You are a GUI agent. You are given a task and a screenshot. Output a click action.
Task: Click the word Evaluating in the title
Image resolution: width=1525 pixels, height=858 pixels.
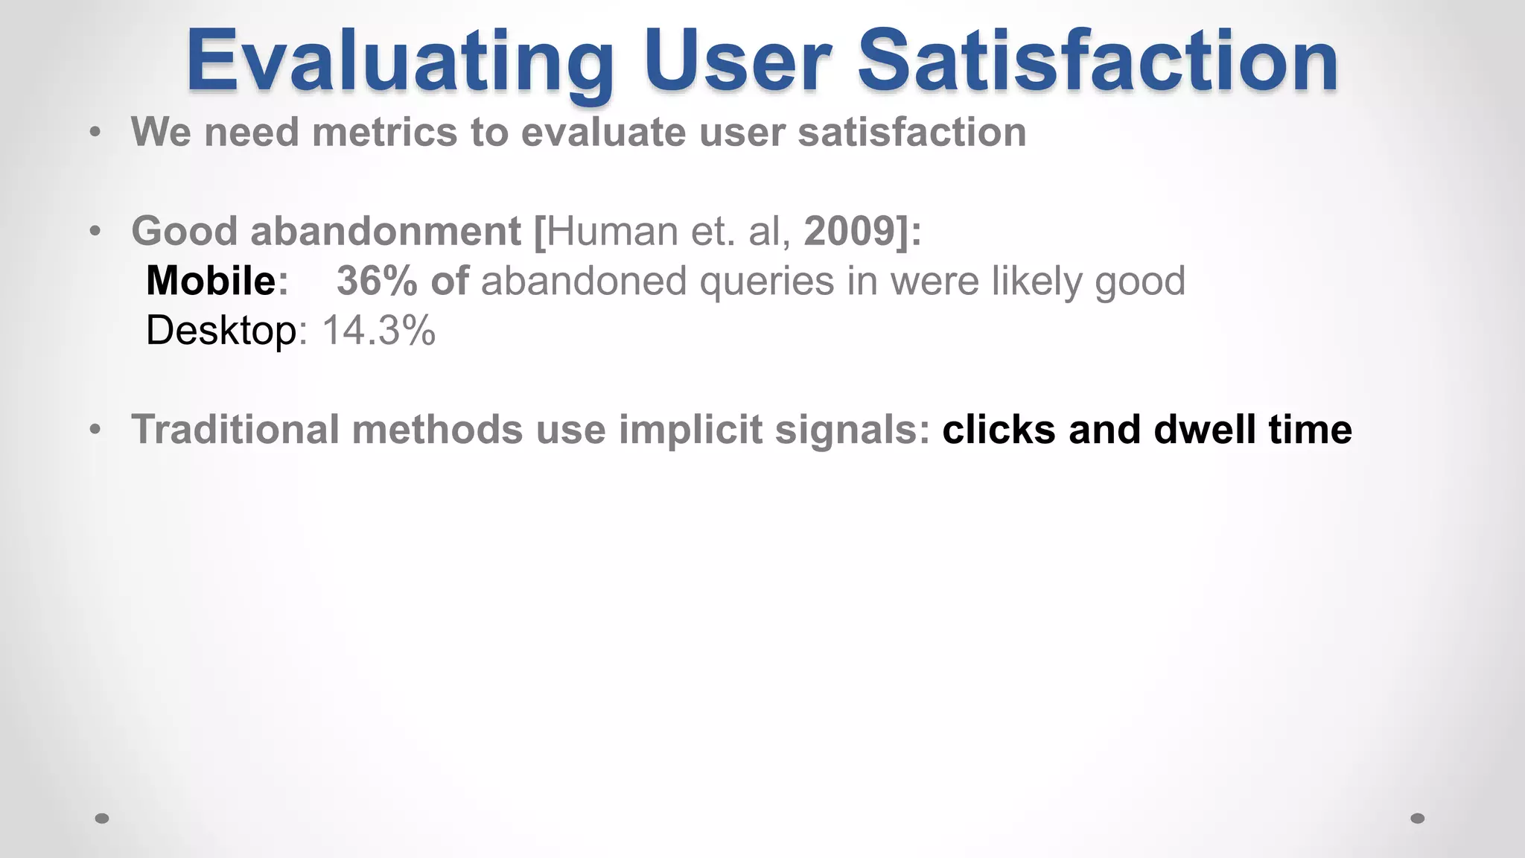coord(399,61)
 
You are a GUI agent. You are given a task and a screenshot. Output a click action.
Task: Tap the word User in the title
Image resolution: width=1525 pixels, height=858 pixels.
coord(737,61)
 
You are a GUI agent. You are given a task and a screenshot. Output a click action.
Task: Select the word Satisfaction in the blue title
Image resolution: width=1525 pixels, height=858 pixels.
coord(1098,61)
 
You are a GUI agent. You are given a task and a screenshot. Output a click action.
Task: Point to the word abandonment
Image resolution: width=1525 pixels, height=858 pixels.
coord(385,231)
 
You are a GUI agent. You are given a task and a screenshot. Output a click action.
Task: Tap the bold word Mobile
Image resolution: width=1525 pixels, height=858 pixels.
coord(211,281)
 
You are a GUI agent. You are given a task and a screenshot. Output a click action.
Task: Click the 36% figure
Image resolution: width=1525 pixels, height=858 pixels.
coord(376,281)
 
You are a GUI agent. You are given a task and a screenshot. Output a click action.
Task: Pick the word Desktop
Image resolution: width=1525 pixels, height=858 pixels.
coord(221,330)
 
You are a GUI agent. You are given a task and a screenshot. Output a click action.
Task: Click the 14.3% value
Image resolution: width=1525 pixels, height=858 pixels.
coord(378,330)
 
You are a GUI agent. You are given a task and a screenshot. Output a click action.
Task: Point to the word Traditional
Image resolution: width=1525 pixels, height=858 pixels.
coord(235,430)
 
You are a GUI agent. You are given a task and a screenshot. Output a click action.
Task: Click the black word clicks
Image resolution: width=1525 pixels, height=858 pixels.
coord(999,430)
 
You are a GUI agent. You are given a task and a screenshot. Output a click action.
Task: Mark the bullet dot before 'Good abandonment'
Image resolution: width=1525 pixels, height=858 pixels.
coord(95,232)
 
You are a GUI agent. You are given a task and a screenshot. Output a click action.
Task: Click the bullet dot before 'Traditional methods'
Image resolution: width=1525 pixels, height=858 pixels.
coord(95,430)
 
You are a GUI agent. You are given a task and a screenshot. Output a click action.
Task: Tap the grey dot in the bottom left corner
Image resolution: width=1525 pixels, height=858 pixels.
coord(102,818)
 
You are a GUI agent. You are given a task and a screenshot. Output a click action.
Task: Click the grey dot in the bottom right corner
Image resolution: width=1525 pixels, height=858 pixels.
coord(1418,818)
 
